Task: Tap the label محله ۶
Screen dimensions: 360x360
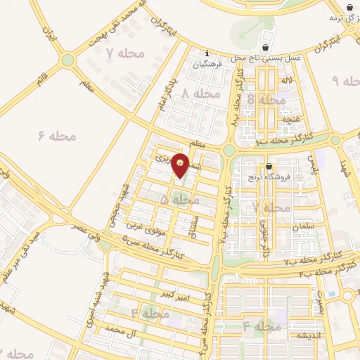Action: [x=56, y=134]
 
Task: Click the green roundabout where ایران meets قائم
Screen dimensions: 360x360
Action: [x=67, y=60]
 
